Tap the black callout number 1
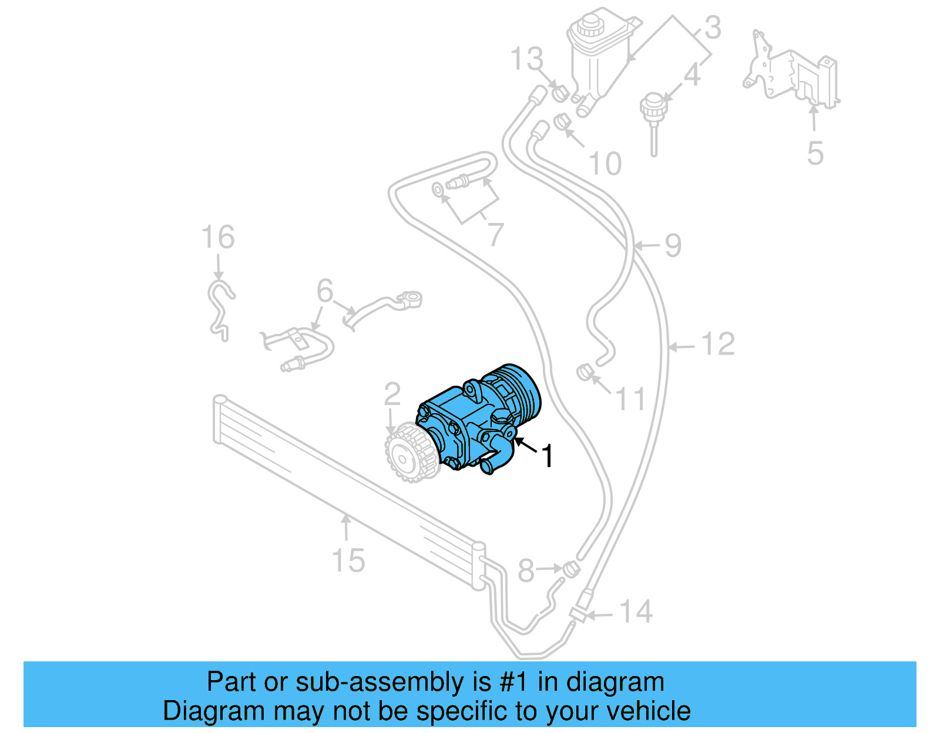(547, 457)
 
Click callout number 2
(392, 394)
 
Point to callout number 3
(712, 28)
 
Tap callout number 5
(815, 153)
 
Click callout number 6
(325, 291)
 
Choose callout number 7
(495, 235)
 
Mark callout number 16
(218, 238)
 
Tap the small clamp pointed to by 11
(584, 372)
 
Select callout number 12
(717, 344)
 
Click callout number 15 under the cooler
(348, 560)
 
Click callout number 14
(636, 612)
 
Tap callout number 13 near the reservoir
(527, 59)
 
